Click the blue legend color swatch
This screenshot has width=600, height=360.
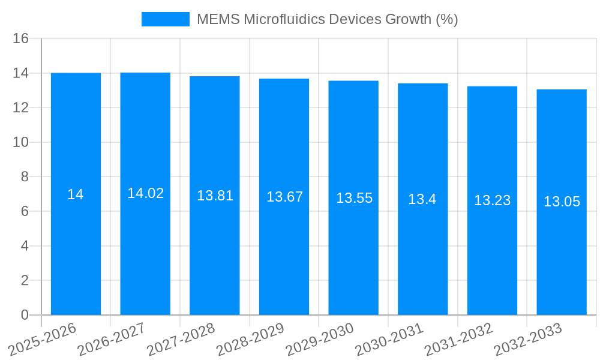[165, 19]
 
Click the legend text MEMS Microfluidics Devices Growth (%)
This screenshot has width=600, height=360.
[328, 19]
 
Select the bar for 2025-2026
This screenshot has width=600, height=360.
[76, 252]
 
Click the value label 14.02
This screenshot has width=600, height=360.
[145, 193]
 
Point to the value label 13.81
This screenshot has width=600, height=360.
[215, 196]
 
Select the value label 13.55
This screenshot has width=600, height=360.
[354, 199]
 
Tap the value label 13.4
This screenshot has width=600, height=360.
[422, 200]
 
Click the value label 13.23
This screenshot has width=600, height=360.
[492, 201]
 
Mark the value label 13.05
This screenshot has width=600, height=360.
[562, 202]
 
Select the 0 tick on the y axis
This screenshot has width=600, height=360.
[25, 315]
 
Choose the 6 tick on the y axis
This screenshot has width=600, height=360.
[25, 212]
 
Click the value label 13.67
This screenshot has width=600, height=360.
[284, 197]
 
